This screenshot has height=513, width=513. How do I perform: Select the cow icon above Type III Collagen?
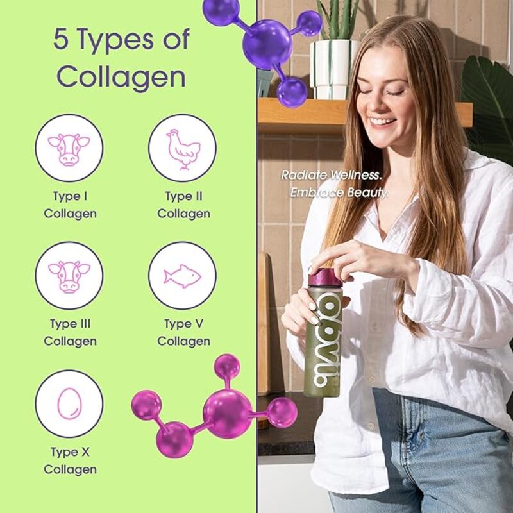[x=69, y=276]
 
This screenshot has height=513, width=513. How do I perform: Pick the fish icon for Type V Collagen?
[x=182, y=276]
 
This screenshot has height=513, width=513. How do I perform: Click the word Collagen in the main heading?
[x=121, y=77]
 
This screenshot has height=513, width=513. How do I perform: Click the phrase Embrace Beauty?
[x=339, y=192]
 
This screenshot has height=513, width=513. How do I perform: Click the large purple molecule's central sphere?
[x=267, y=42]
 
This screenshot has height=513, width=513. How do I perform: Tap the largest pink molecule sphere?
[x=227, y=414]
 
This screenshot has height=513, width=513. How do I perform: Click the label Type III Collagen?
[x=70, y=333]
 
